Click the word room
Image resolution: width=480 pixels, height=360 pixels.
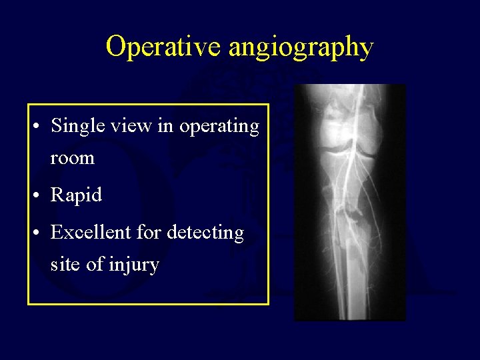(x=73, y=159)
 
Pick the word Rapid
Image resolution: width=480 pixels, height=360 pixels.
(x=76, y=196)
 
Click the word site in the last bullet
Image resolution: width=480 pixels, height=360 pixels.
(x=65, y=265)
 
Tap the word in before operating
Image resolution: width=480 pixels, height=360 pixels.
(x=164, y=126)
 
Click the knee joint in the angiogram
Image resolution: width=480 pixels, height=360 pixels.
(x=343, y=144)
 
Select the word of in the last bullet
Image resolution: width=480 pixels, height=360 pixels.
(x=93, y=265)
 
